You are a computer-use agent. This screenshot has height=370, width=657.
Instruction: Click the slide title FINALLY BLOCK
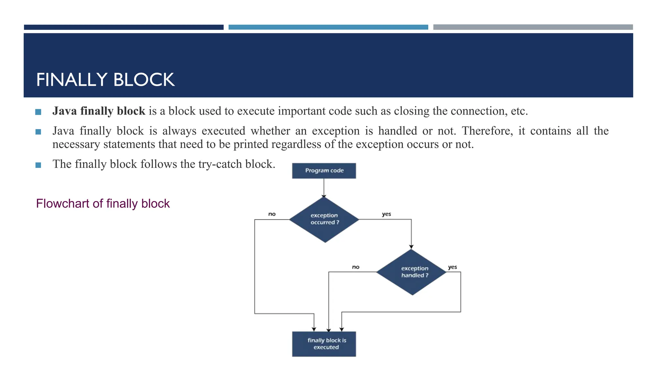click(105, 80)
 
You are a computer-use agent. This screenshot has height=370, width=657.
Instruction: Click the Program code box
click(324, 171)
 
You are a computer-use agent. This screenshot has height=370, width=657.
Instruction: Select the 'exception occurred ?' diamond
click(324, 219)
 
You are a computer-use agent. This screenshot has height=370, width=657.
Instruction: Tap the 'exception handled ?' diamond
click(412, 272)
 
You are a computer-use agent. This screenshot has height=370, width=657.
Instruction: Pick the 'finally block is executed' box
click(324, 344)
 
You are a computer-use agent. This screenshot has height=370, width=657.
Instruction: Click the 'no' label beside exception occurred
click(272, 214)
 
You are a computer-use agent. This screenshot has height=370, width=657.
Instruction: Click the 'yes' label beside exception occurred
click(386, 214)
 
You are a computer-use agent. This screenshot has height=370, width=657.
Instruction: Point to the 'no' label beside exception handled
click(356, 267)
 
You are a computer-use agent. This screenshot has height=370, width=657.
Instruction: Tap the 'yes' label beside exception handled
click(452, 267)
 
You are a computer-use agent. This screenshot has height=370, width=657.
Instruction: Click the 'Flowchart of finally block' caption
click(103, 204)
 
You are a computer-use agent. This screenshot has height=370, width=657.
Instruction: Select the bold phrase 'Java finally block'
click(99, 111)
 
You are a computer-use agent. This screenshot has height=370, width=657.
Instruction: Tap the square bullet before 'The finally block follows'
click(38, 165)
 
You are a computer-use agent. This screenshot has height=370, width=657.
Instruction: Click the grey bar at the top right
click(533, 27)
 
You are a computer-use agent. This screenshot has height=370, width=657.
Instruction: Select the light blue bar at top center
click(328, 27)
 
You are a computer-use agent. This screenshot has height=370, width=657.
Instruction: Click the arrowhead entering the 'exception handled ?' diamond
click(411, 247)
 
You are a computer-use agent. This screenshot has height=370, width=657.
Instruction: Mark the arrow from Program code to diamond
click(324, 188)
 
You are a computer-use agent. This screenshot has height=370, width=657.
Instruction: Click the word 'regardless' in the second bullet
click(293, 145)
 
